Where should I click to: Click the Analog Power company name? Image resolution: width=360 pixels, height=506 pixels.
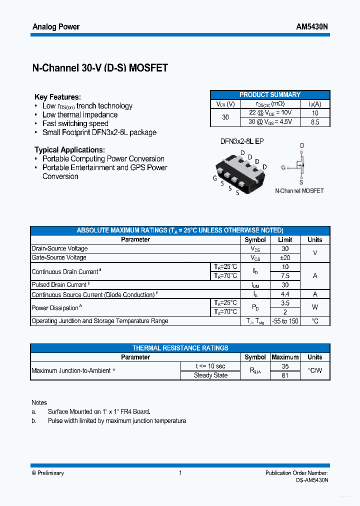pos(55,27)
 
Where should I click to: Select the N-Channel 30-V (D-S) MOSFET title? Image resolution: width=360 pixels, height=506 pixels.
pos(100,68)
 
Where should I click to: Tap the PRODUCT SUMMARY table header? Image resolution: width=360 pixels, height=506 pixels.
pos(270,94)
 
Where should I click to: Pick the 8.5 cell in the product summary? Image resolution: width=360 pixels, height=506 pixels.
pos(315,122)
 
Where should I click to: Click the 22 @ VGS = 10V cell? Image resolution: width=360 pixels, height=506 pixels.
pos(270,113)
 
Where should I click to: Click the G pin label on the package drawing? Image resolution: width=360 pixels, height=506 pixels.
pos(214,178)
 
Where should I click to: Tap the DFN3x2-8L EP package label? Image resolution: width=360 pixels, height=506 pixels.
pos(242,141)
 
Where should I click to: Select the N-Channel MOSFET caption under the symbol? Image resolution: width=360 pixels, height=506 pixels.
pos(299,190)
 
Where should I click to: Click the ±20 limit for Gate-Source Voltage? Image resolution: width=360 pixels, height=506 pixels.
pos(285,257)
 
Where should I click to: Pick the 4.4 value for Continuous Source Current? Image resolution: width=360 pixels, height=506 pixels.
pos(285,294)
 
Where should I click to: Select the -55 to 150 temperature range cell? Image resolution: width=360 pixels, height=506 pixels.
pos(285,321)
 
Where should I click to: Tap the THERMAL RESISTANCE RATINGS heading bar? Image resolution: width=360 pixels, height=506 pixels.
pos(180,348)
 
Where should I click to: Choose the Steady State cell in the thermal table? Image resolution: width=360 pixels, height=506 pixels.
pos(210,375)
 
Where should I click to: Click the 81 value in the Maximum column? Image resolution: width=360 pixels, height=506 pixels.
pos(285,375)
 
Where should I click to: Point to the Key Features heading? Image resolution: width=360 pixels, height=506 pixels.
pos(57,97)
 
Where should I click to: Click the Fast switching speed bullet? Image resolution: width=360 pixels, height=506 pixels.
pos(75,123)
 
